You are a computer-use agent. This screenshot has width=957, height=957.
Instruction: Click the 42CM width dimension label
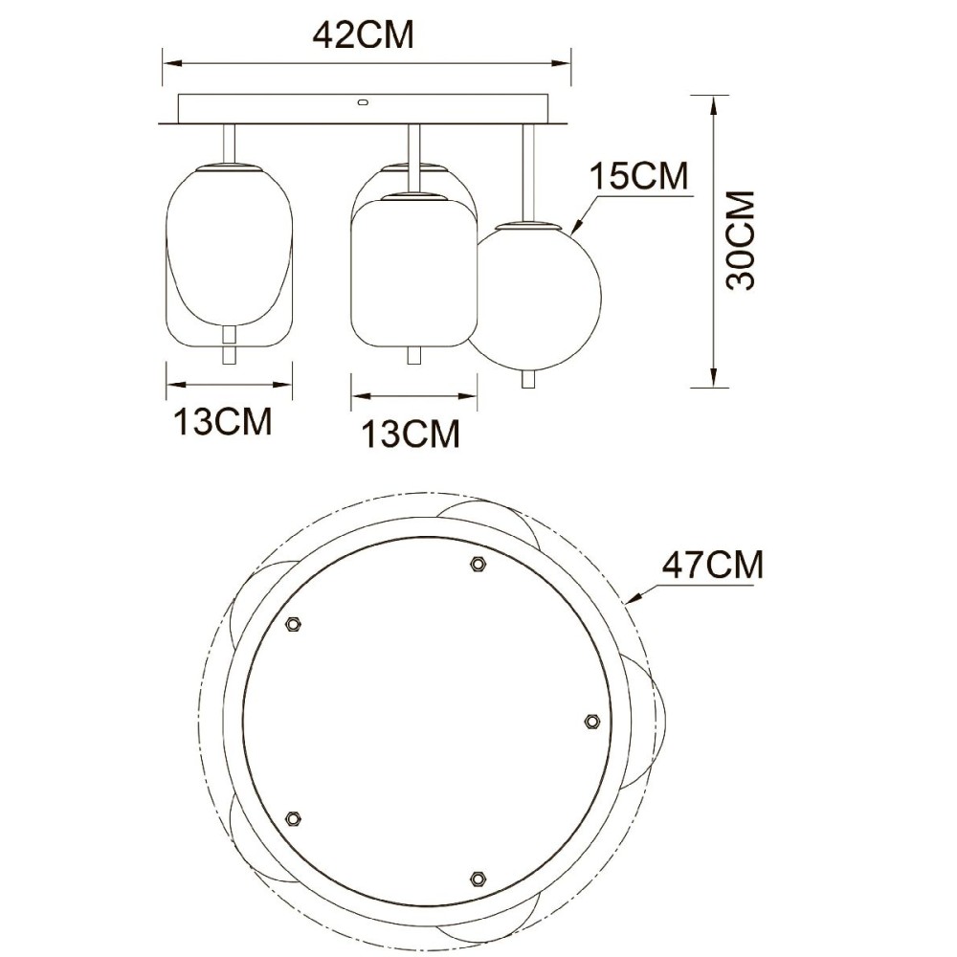[x=363, y=34]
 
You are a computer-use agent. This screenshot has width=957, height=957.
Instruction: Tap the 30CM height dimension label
[x=741, y=240]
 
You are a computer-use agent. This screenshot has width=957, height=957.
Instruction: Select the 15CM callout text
[x=638, y=176]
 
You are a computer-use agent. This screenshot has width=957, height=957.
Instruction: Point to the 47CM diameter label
[x=713, y=565]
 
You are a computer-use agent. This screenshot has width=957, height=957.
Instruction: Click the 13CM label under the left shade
[x=223, y=421]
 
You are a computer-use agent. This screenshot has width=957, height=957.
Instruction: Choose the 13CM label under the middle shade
[x=411, y=434]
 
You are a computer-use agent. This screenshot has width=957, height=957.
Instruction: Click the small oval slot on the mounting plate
[x=363, y=102]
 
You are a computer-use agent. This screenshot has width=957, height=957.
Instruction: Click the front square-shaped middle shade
[x=413, y=270]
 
